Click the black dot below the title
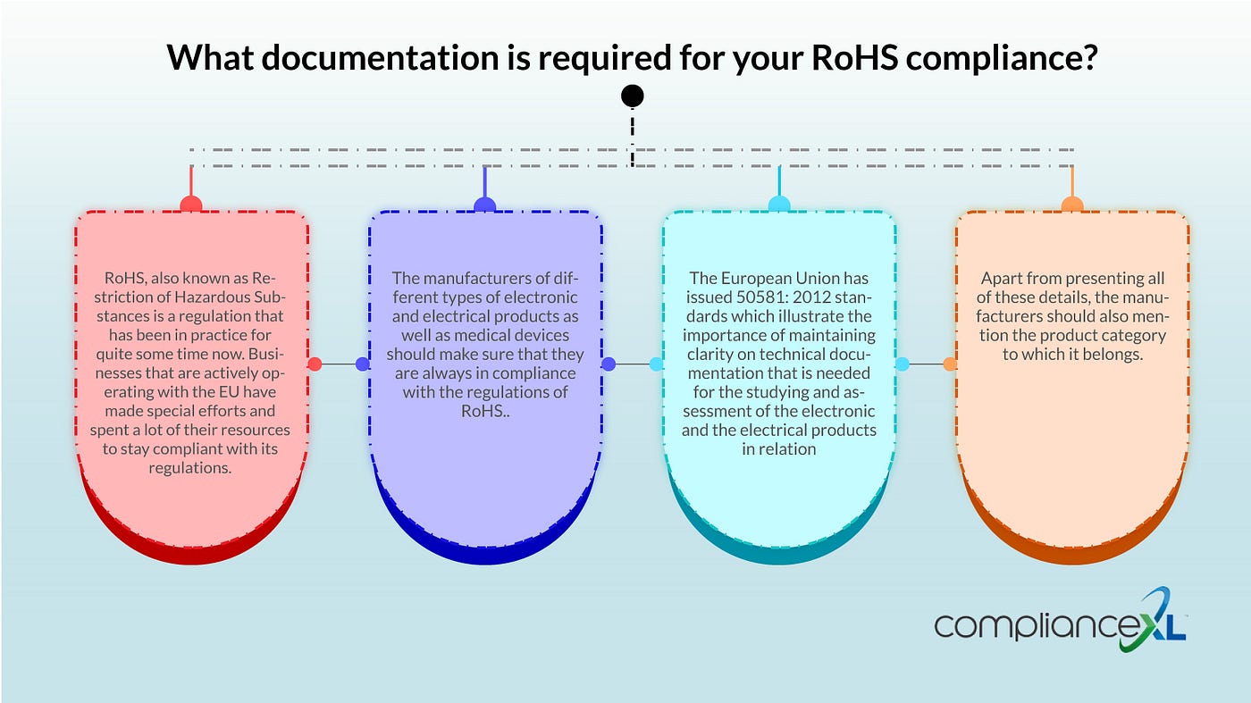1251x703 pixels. pyautogui.click(x=632, y=96)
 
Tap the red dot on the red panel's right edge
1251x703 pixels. pyautogui.click(x=315, y=364)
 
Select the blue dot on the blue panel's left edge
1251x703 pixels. pyautogui.click(x=362, y=364)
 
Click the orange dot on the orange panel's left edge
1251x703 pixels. pyautogui.click(x=950, y=364)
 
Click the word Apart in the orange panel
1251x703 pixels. pyautogui.click(x=1001, y=279)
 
